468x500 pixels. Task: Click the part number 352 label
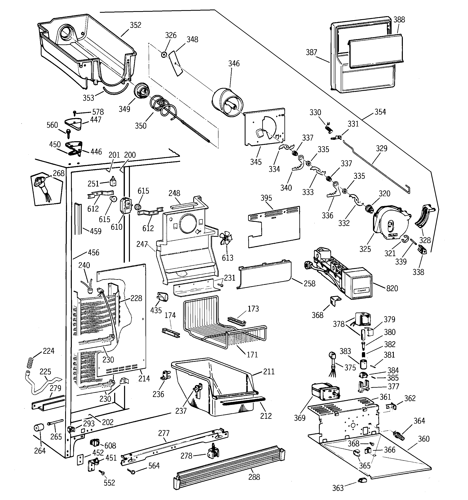point(135,25)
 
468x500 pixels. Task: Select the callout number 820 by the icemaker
point(392,288)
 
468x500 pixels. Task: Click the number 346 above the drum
point(234,64)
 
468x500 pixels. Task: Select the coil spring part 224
point(30,363)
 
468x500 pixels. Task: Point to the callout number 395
point(266,198)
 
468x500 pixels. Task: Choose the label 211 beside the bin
point(269,372)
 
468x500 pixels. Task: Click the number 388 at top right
point(399,20)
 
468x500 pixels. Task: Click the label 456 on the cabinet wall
point(93,253)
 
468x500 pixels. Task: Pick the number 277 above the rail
point(164,433)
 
